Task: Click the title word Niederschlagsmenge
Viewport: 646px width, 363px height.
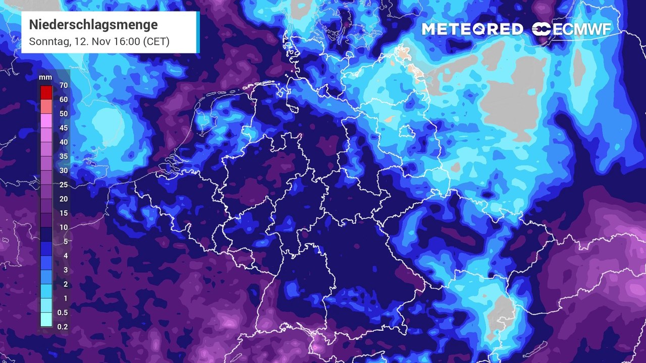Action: (93, 25)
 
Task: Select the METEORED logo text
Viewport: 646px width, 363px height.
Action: (472, 29)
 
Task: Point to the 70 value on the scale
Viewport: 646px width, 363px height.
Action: (63, 86)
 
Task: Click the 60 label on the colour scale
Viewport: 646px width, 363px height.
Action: (63, 100)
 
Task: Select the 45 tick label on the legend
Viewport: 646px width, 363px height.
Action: (63, 128)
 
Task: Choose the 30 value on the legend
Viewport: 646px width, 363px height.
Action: (63, 170)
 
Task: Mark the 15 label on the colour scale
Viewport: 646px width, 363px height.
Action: (63, 213)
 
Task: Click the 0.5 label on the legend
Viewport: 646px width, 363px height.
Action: (63, 313)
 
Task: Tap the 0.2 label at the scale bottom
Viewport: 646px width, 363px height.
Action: (63, 327)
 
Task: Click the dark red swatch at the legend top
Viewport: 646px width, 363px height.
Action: (46, 92)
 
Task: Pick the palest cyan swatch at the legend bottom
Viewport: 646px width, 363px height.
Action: (46, 320)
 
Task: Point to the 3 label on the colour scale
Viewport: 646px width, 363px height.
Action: (65, 270)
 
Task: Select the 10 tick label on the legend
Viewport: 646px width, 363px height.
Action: (63, 227)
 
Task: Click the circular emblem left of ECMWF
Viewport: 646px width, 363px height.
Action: (542, 29)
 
